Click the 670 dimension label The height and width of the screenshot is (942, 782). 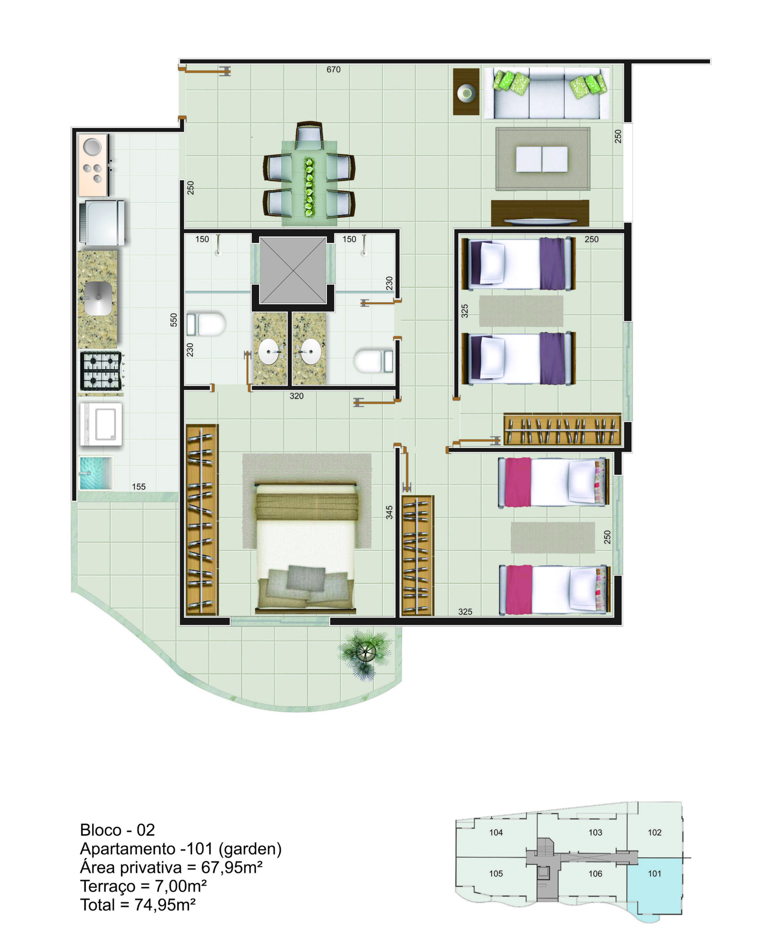pos(333,70)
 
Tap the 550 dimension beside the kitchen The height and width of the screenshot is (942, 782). pos(174,319)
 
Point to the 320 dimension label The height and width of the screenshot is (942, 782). pos(296,396)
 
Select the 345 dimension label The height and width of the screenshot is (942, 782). pos(389,512)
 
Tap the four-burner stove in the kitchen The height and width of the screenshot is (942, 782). pos(101,371)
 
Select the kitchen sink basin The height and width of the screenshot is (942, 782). pos(98,298)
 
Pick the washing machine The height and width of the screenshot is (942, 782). pos(101,424)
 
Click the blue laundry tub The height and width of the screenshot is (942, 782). pos(96,473)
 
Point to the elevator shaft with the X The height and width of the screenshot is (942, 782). pos(293,270)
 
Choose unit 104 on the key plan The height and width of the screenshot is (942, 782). pos(496,833)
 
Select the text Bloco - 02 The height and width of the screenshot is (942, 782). pos(117,830)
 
